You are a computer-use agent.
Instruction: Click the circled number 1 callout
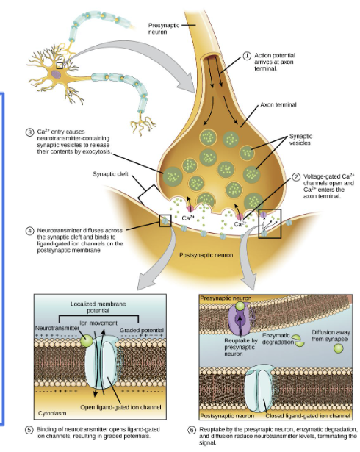pos(248,55)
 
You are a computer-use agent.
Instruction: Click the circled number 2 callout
pos(296,176)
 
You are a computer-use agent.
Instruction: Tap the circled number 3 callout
pos(29,132)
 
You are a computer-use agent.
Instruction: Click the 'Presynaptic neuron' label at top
pos(164,27)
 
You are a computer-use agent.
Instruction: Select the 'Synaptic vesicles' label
pos(300,139)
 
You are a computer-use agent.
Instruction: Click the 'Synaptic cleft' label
pos(110,174)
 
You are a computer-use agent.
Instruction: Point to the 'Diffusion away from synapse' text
pos(330,335)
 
